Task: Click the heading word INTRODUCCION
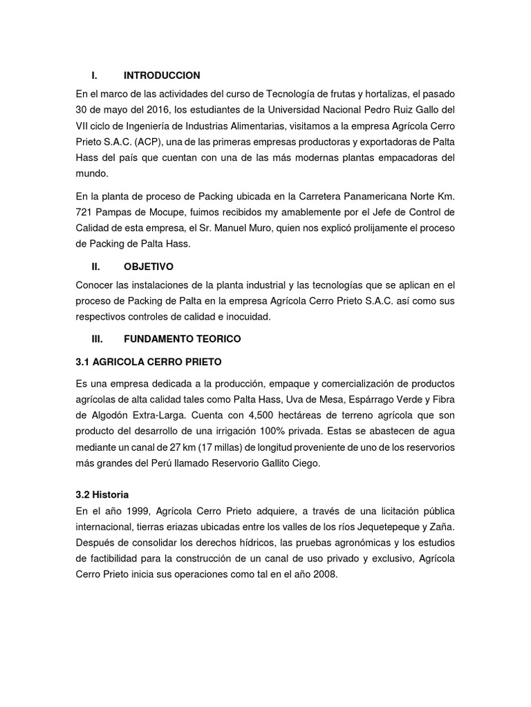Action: pyautogui.click(x=162, y=75)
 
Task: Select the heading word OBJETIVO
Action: pyautogui.click(x=149, y=266)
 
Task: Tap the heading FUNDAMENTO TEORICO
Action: pyautogui.click(x=183, y=339)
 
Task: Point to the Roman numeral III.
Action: pyautogui.click(x=97, y=339)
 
